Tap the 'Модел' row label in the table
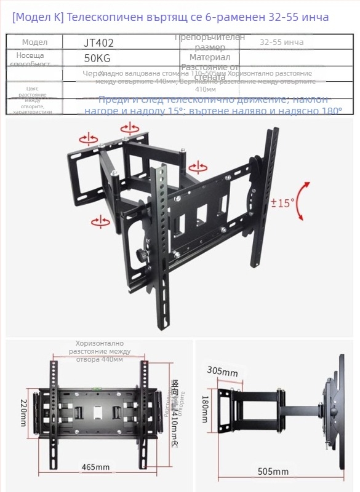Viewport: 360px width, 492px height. pos(34,42)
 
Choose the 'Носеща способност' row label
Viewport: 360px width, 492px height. pos(34,59)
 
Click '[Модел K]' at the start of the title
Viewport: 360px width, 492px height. pos(37,17)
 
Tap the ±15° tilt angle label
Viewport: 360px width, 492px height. pos(284,201)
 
